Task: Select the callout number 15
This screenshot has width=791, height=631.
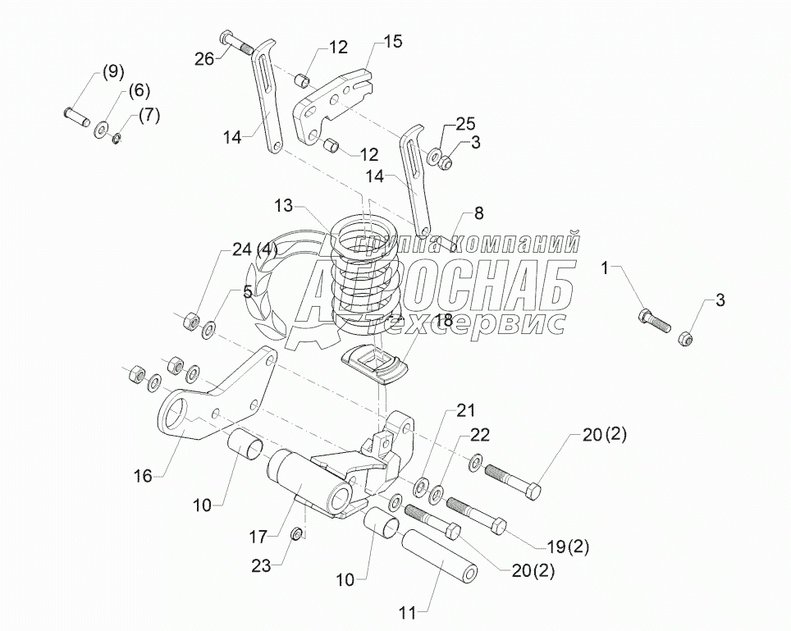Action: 393,42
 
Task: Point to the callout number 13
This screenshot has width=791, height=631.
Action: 284,203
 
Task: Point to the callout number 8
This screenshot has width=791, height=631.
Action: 478,213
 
